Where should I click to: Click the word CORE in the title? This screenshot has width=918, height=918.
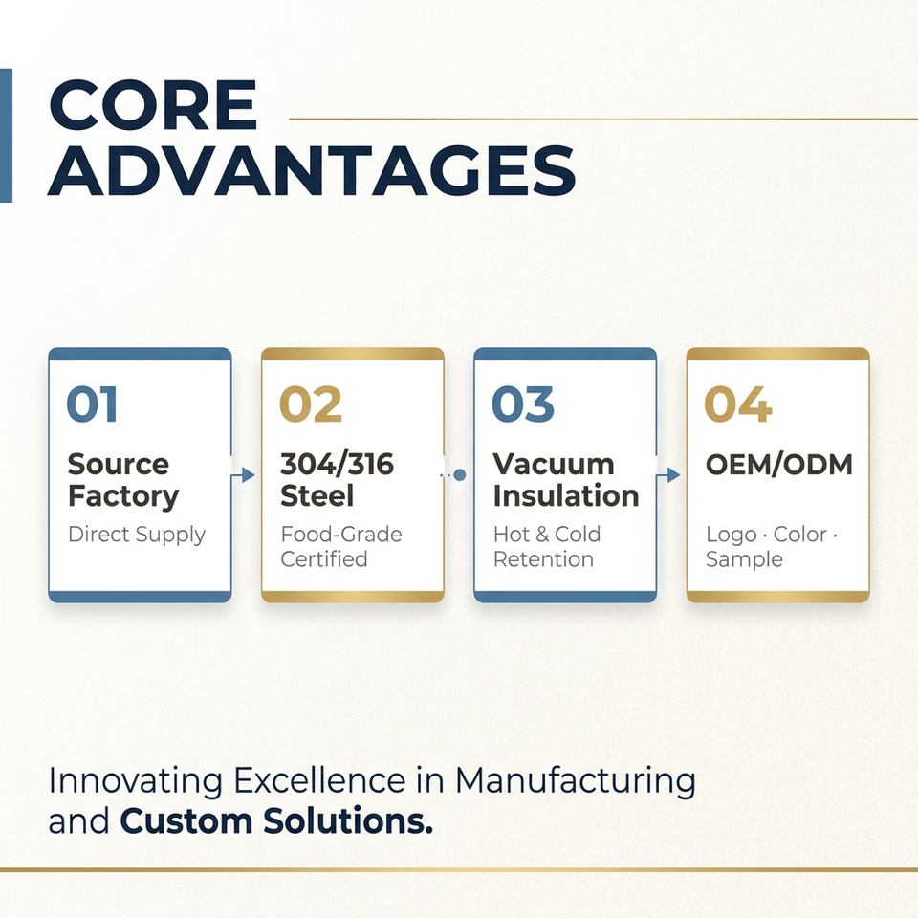tap(153, 105)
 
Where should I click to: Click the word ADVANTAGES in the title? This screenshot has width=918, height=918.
tap(312, 171)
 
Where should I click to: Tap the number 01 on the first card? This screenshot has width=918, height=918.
tap(92, 404)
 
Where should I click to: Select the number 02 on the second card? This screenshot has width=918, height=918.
tap(310, 404)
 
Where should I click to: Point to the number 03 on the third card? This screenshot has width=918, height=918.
tap(523, 404)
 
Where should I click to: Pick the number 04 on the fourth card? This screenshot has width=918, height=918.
tap(737, 404)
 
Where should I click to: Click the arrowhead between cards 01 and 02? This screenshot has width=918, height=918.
tap(249, 475)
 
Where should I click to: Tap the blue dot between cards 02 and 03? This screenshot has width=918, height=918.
tap(460, 475)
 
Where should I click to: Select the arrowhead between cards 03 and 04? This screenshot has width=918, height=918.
tap(673, 475)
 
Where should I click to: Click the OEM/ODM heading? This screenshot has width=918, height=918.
tap(778, 465)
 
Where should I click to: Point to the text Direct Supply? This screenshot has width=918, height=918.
tap(137, 535)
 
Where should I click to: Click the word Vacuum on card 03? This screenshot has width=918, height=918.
tap(554, 465)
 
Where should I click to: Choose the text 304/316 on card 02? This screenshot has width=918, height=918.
tap(338, 465)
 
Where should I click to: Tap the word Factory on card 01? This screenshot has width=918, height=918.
tap(123, 497)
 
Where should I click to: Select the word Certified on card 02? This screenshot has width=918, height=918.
tap(324, 559)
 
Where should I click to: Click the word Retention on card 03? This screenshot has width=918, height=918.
tap(543, 559)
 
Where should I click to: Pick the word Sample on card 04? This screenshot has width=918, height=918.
tap(744, 560)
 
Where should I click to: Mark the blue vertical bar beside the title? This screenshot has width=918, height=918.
tap(6, 136)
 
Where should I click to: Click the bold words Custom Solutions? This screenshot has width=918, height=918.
tap(276, 820)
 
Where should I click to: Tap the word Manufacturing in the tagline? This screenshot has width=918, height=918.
tap(576, 782)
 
